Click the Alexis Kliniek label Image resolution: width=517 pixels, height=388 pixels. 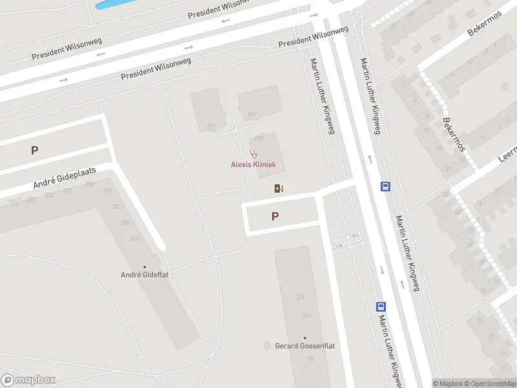coord(253,164)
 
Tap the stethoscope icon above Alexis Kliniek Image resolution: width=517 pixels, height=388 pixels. coord(254,154)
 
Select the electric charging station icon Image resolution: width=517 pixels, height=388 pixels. coord(279,189)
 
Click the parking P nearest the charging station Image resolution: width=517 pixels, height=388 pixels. coord(275,217)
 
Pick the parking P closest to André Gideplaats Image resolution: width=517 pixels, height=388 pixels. coord(34,151)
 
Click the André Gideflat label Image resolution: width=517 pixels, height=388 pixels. coord(145,275)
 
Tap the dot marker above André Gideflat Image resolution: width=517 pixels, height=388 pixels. coord(145,266)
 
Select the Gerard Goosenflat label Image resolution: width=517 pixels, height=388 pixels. coord(305,346)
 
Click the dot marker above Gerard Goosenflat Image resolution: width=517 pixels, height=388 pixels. coord(305,338)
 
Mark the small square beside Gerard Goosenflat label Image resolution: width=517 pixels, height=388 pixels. coord(267,346)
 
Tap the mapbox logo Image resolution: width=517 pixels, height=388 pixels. coord(28,380)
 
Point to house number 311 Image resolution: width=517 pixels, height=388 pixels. coord(211,125)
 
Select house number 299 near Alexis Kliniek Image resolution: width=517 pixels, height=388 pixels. coord(259,138)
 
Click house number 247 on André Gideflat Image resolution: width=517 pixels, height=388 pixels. coord(116,206)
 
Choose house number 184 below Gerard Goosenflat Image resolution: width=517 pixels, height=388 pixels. coord(310,359)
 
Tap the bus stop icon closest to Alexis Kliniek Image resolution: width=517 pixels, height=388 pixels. coord(386,186)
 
